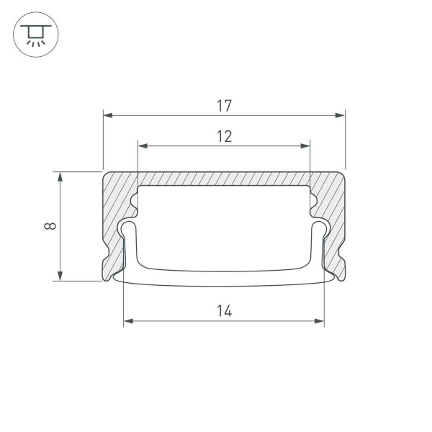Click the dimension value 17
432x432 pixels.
224,105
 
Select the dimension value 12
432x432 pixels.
224,136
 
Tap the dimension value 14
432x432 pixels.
224,311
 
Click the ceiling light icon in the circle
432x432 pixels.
35,35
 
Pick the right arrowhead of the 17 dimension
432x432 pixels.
341,114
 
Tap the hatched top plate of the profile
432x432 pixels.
224,179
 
